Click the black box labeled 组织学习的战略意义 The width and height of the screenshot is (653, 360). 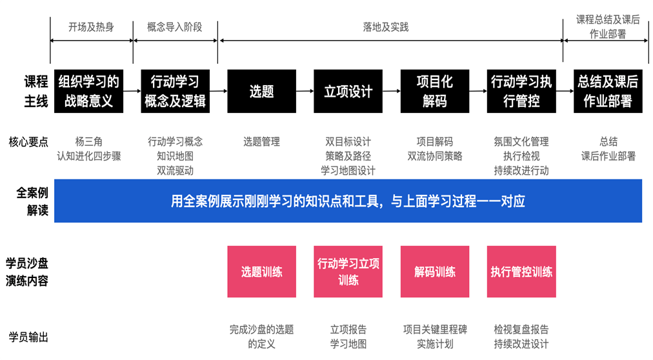click(x=88, y=91)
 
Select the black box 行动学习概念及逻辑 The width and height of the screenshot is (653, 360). click(x=175, y=91)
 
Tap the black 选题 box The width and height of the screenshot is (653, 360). click(x=261, y=91)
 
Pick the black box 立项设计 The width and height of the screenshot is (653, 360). click(x=348, y=91)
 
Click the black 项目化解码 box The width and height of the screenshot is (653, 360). click(x=434, y=91)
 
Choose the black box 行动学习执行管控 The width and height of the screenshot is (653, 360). click(x=521, y=91)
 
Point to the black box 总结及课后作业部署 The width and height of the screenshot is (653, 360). click(x=607, y=91)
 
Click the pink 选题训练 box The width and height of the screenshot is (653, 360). click(x=261, y=272)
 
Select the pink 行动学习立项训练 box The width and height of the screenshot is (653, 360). click(x=348, y=272)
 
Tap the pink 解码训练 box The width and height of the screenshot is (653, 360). click(x=434, y=272)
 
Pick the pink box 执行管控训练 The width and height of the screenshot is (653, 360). click(x=521, y=272)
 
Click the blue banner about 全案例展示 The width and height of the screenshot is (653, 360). click(x=348, y=201)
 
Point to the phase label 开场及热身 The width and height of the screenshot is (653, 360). click(x=91, y=27)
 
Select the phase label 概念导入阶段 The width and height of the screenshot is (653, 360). click(x=175, y=27)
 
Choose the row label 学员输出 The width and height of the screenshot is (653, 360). click(x=28, y=337)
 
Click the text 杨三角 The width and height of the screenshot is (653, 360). click(x=88, y=141)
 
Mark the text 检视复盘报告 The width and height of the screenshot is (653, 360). click(x=521, y=330)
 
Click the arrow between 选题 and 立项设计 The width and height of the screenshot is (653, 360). click(x=305, y=91)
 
